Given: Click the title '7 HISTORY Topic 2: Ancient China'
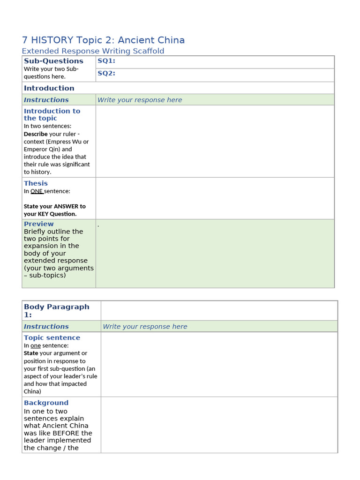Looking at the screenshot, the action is [x=103, y=40].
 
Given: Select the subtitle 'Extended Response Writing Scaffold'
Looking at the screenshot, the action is [x=93, y=51].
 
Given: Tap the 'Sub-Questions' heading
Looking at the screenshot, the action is [x=53, y=61].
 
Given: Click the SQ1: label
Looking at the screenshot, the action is [x=106, y=61].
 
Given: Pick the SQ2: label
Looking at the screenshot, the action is [x=106, y=73].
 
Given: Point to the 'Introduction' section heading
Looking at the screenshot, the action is [x=49, y=88].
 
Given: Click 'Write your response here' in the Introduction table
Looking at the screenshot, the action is [x=139, y=100].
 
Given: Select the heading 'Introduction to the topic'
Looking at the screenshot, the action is [x=52, y=114].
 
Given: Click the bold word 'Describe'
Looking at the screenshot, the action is [x=36, y=134].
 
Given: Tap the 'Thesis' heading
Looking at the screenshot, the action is [x=36, y=183].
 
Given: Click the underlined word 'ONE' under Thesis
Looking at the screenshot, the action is [x=37, y=191].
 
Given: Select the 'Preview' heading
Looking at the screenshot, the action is [x=38, y=224].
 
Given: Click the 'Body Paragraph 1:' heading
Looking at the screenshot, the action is [x=56, y=310].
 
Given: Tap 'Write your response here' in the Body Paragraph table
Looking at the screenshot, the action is [x=145, y=327].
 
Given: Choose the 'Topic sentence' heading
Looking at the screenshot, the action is [x=52, y=337].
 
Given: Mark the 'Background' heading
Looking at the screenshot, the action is [x=46, y=403].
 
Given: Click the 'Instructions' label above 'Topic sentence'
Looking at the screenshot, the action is [x=46, y=327].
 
